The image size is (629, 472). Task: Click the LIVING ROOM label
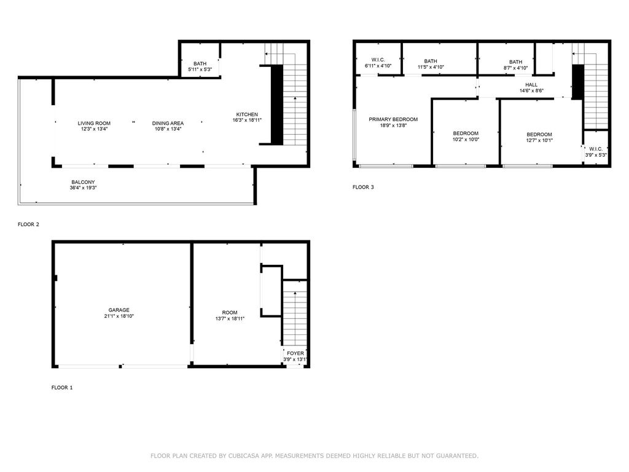(94, 123)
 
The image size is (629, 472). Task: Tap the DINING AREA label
(168, 123)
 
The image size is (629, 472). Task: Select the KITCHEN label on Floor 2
(247, 114)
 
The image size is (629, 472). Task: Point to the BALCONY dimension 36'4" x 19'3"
(83, 187)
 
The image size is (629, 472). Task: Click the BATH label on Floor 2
(200, 63)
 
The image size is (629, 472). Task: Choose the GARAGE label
(119, 310)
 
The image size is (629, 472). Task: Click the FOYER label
(295, 353)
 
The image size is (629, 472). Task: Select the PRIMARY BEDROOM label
(393, 119)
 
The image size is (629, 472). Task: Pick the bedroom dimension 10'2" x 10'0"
(466, 140)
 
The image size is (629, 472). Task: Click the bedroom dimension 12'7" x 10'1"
(539, 140)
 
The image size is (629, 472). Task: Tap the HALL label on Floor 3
(531, 85)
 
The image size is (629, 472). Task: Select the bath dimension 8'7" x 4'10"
(515, 68)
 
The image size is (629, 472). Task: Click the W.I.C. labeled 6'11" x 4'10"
(378, 60)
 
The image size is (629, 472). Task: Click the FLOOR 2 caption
(28, 224)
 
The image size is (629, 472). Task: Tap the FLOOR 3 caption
(363, 187)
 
